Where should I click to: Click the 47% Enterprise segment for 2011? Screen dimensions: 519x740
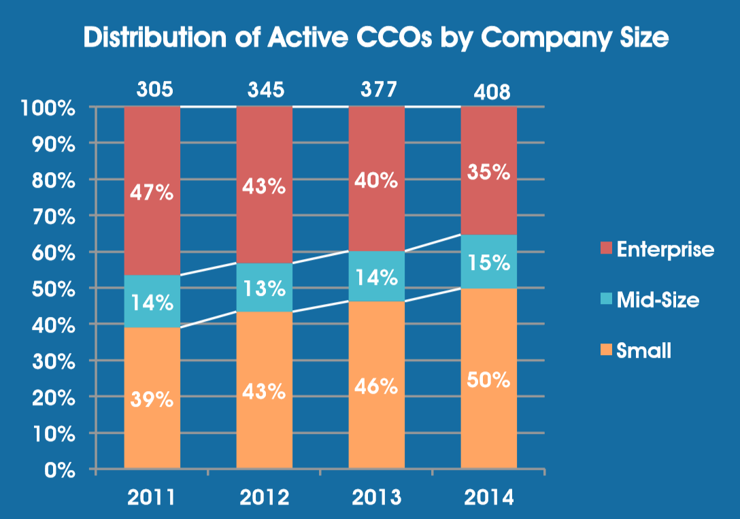pyautogui.click(x=152, y=191)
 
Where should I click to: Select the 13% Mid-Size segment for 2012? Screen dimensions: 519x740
pyautogui.click(x=265, y=288)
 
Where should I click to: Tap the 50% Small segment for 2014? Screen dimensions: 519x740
pyautogui.click(x=489, y=379)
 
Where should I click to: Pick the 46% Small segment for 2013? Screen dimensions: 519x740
pyautogui.click(x=377, y=386)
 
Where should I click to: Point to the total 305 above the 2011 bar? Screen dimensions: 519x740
pyautogui.click(x=152, y=90)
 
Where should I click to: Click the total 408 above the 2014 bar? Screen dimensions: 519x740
pyautogui.click(x=489, y=92)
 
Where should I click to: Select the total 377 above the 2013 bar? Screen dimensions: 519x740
pyautogui.click(x=377, y=90)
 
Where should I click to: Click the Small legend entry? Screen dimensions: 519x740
pyautogui.click(x=643, y=350)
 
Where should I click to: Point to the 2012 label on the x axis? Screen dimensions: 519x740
pyautogui.click(x=265, y=497)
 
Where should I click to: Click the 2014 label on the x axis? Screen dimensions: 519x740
pyautogui.click(x=489, y=497)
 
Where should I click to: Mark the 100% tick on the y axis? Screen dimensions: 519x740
pyautogui.click(x=52, y=107)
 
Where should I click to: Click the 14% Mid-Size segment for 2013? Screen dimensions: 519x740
pyautogui.click(x=377, y=277)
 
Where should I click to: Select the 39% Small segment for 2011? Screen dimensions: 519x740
pyautogui.click(x=152, y=399)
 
